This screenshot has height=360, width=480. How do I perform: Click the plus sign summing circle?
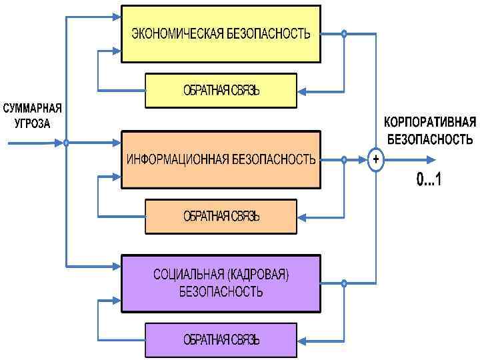pos(376,160)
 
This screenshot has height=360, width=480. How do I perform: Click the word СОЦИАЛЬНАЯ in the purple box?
pos(189,275)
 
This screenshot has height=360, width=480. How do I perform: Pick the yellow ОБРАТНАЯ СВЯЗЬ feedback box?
pos(221,90)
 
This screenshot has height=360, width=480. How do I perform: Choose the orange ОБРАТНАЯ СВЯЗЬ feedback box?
pos(221,216)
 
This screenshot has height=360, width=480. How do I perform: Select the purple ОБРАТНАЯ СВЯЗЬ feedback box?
pos(221,339)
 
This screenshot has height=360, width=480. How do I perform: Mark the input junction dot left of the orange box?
pos(67,143)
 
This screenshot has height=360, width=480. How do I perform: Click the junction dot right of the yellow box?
pos(344,34)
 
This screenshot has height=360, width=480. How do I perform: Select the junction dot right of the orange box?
pos(344,160)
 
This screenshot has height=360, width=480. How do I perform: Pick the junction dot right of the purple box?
pos(344,283)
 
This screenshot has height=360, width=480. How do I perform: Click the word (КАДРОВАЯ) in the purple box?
pos(260,275)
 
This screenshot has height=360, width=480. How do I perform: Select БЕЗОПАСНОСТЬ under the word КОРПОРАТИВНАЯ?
pos(430,139)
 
